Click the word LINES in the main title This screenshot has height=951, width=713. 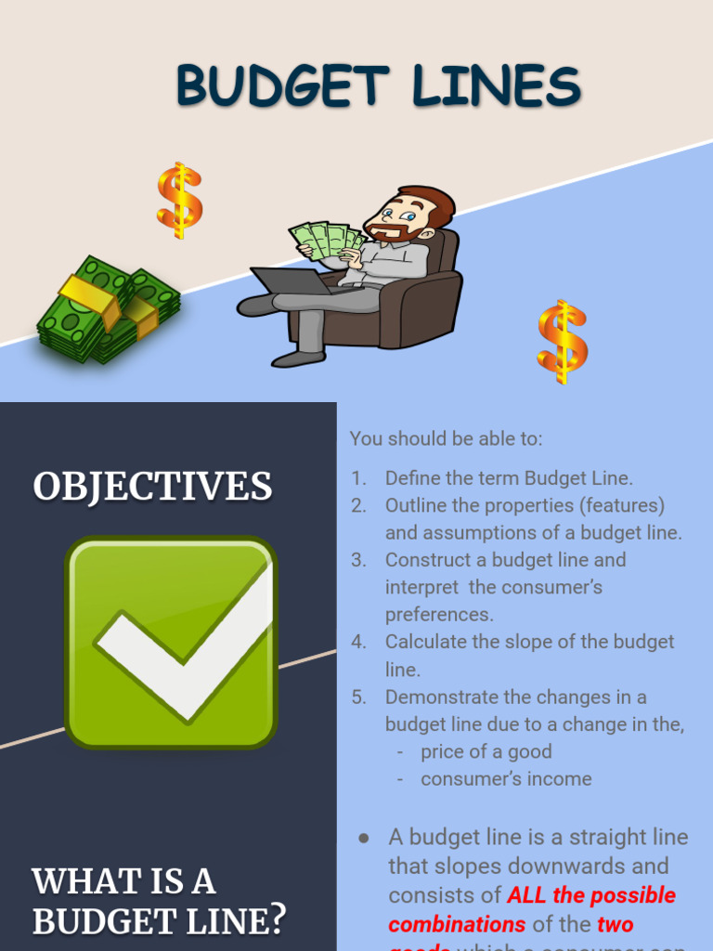coord(498,87)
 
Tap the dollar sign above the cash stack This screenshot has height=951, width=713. coord(178,200)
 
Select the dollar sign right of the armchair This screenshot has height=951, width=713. coord(562,341)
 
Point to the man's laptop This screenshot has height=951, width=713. coord(290,280)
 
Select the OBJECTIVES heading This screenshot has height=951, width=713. coord(152,487)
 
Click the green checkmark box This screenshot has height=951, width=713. coord(171,642)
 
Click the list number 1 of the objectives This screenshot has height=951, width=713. coord(359,479)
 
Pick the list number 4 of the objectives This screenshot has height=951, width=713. coord(359,643)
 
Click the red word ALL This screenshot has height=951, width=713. coord(526,896)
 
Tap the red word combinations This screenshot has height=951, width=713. coord(457,925)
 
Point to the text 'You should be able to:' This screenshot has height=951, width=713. coord(446,438)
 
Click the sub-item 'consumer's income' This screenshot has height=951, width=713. coord(506,779)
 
